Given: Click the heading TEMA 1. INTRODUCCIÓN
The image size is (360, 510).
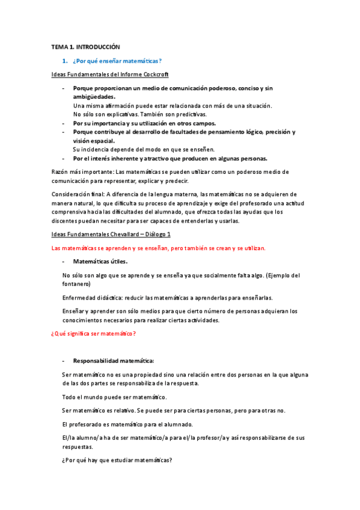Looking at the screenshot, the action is [85, 46].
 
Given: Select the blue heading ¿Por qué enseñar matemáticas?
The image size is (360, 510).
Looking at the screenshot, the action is [117, 61].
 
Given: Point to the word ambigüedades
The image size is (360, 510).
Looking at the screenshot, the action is [94, 97].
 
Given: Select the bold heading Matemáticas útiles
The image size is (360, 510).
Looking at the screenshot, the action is [100, 262].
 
